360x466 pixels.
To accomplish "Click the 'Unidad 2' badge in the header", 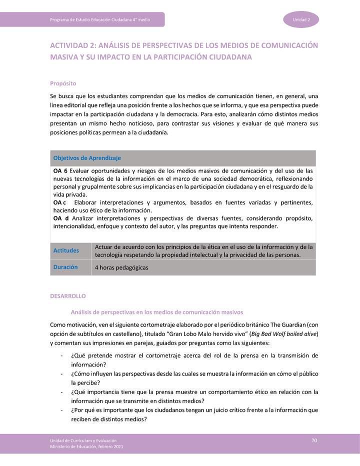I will (301, 19).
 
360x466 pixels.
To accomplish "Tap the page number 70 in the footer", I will (314, 440).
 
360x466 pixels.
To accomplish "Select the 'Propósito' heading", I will (62, 83).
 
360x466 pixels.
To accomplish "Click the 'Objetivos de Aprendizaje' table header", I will (87, 158).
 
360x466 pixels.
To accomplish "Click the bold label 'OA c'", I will (59, 202).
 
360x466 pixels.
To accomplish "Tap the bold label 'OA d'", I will (61, 218).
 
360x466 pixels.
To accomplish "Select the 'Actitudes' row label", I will (66, 250).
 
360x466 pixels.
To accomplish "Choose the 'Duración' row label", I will (65, 267).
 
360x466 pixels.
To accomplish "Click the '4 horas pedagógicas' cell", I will (121, 267).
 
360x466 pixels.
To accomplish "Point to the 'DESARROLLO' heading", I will (68, 296).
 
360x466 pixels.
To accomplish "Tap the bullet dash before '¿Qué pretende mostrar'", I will (61, 355).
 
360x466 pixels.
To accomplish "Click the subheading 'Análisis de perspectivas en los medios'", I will (156, 312).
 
